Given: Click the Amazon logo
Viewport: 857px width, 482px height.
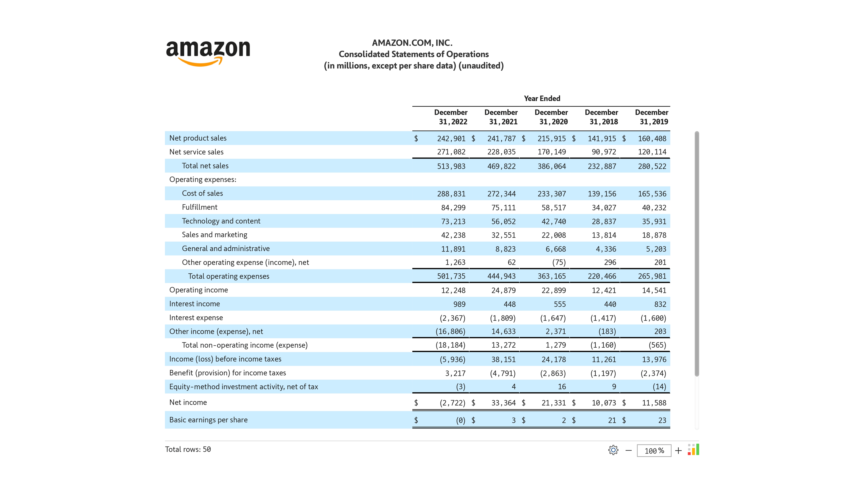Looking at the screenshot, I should [x=208, y=53].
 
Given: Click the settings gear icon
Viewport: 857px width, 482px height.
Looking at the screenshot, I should [x=613, y=450].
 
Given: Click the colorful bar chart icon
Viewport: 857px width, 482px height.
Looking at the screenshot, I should [x=693, y=449].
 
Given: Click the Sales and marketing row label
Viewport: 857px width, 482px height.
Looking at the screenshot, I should [x=214, y=235].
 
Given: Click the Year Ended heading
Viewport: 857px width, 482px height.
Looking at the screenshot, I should [x=542, y=98].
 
